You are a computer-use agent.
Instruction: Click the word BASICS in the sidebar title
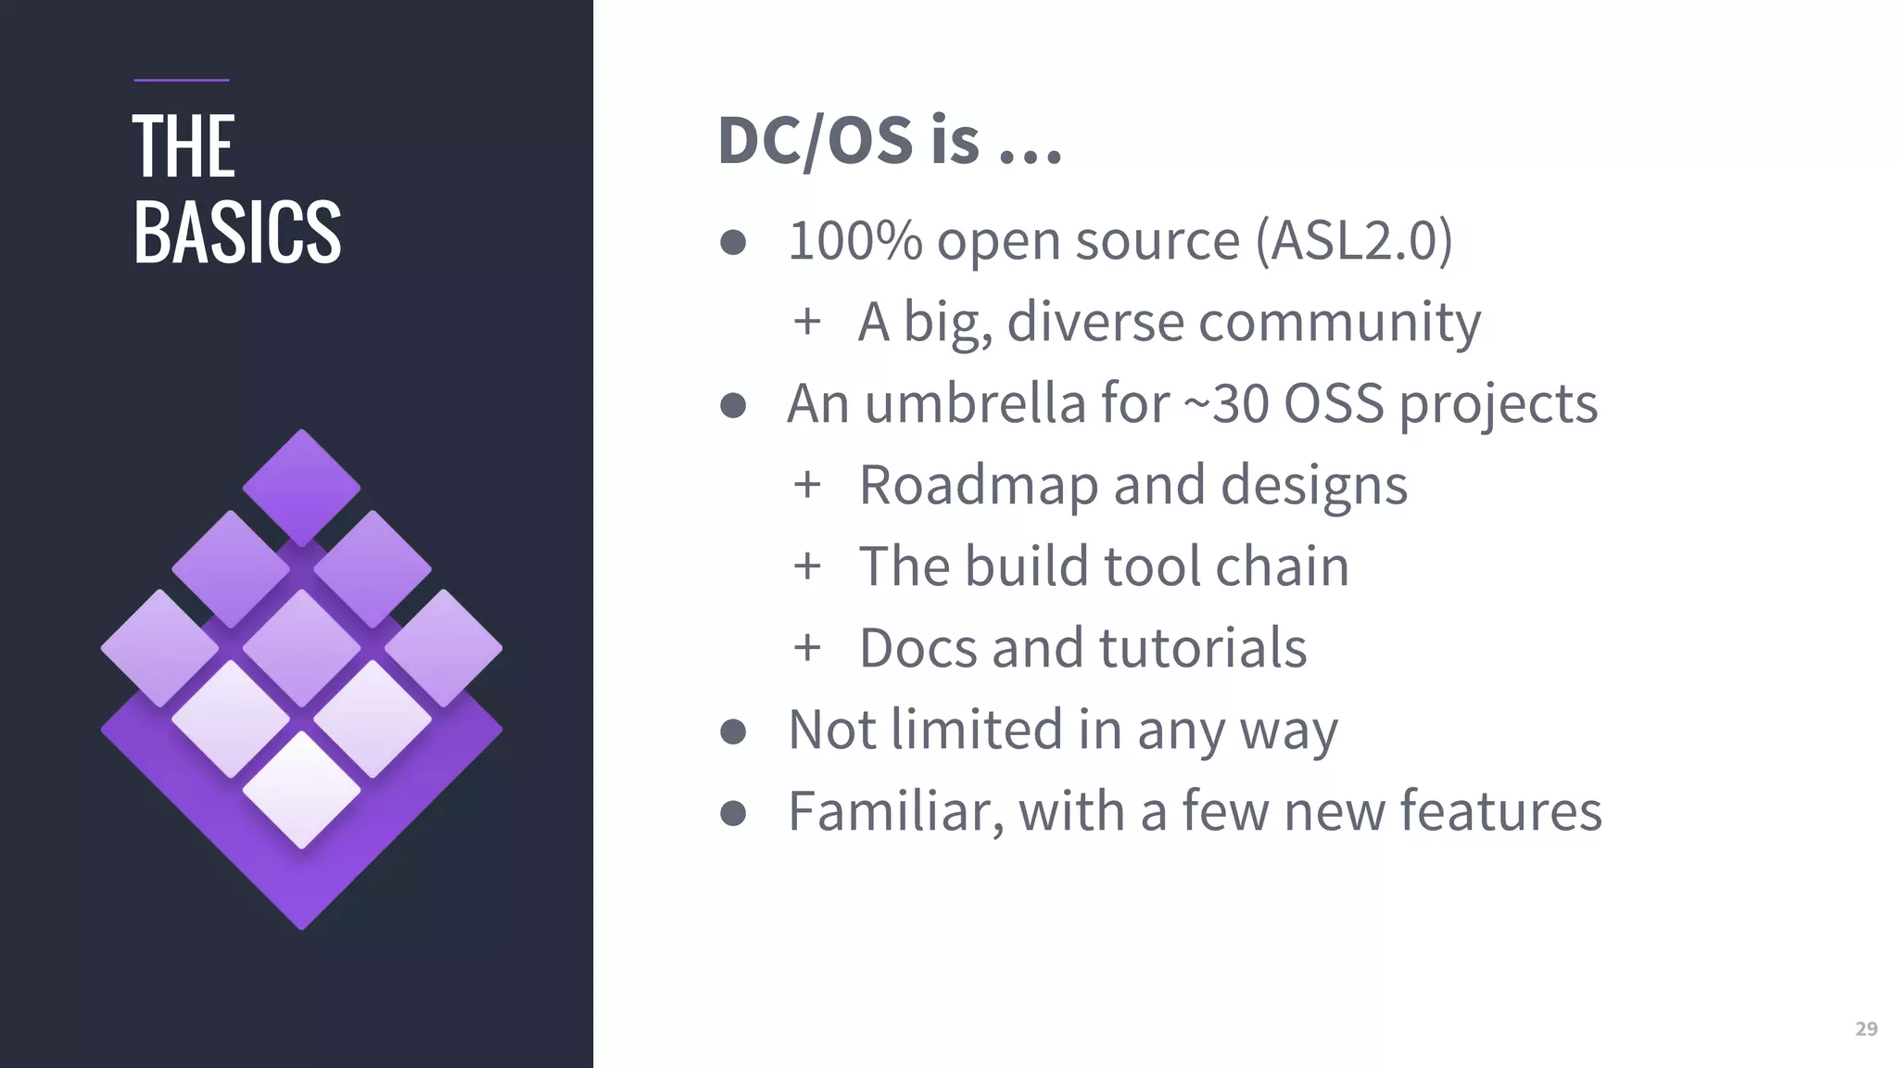pyautogui.click(x=237, y=232)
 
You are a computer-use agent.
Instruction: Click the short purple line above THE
pyautogui.click(x=182, y=81)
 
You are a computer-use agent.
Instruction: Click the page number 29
pyautogui.click(x=1866, y=1029)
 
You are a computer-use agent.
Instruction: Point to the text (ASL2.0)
pyautogui.click(x=1354, y=241)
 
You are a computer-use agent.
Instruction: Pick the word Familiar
pyautogui.click(x=895, y=811)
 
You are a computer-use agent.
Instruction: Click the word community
pyautogui.click(x=1339, y=323)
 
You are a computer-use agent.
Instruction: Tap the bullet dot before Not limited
pyautogui.click(x=733, y=731)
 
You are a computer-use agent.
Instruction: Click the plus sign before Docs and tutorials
pyautogui.click(x=807, y=647)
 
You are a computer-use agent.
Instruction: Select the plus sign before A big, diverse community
pyautogui.click(x=807, y=322)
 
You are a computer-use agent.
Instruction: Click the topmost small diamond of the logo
pyautogui.click(x=301, y=487)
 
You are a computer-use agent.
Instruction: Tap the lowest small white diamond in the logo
pyautogui.click(x=301, y=789)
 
